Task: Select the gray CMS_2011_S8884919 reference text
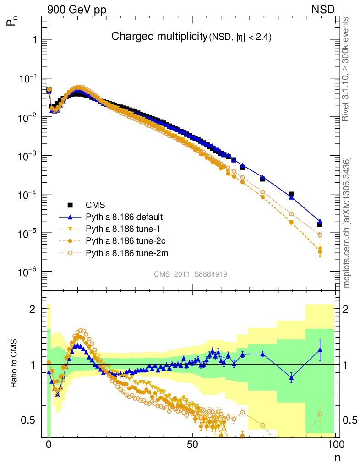point(191,274)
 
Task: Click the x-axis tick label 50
point(192,444)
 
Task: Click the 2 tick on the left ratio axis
point(33,309)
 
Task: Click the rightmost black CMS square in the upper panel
point(320,224)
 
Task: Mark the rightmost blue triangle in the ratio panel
point(320,350)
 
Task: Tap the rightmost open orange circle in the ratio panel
point(320,414)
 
